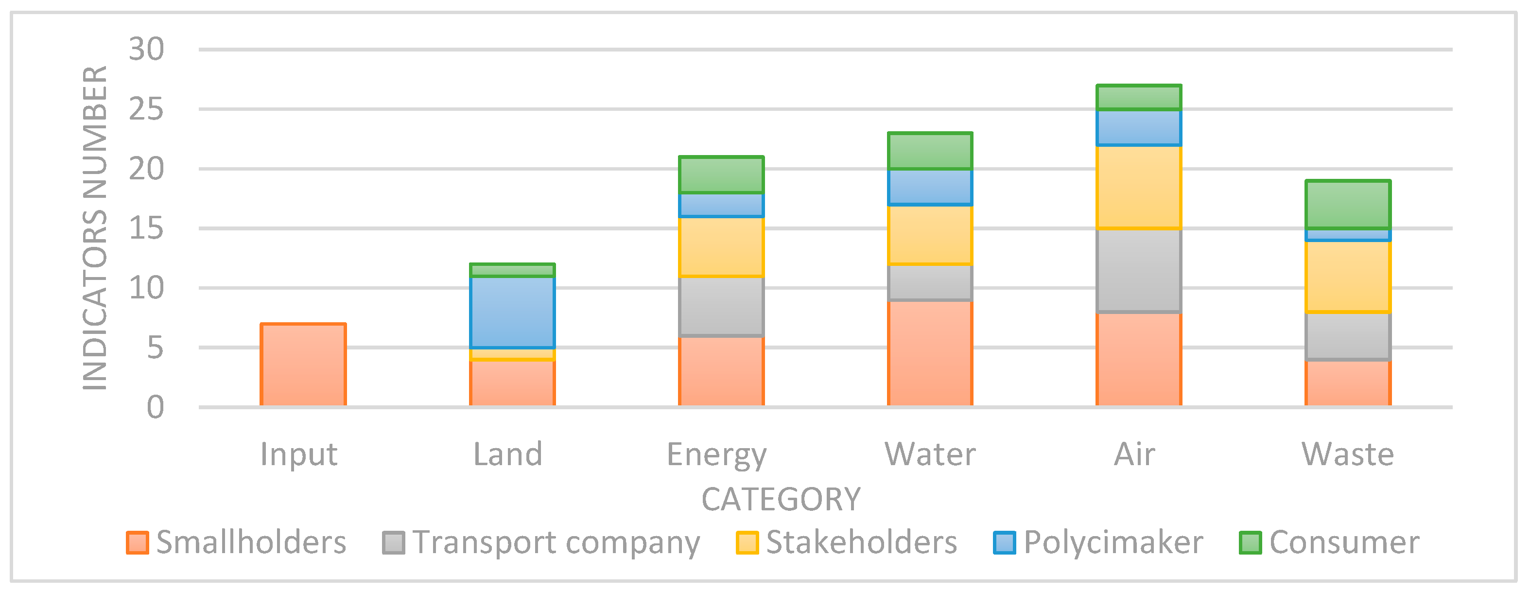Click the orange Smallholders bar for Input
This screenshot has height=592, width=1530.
(x=303, y=365)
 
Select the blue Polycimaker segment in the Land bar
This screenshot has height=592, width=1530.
(x=512, y=312)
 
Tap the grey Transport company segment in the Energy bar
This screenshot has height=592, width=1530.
(x=721, y=306)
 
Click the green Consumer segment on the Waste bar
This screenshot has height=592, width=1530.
(x=1348, y=204)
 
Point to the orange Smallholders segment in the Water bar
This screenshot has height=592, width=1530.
(x=930, y=353)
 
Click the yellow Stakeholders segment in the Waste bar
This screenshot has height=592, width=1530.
(x=1348, y=276)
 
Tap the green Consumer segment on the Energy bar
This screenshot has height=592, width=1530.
(x=721, y=174)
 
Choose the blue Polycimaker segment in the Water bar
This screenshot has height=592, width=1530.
(x=930, y=187)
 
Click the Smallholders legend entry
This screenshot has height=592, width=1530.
(x=237, y=542)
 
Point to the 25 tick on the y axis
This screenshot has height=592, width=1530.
(x=146, y=109)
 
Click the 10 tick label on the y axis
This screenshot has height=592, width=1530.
(x=146, y=288)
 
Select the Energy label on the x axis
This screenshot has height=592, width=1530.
(x=717, y=455)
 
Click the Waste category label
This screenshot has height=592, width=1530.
(x=1348, y=455)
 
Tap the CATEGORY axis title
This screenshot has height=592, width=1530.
(x=781, y=499)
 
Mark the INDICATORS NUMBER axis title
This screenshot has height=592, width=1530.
(x=95, y=228)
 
